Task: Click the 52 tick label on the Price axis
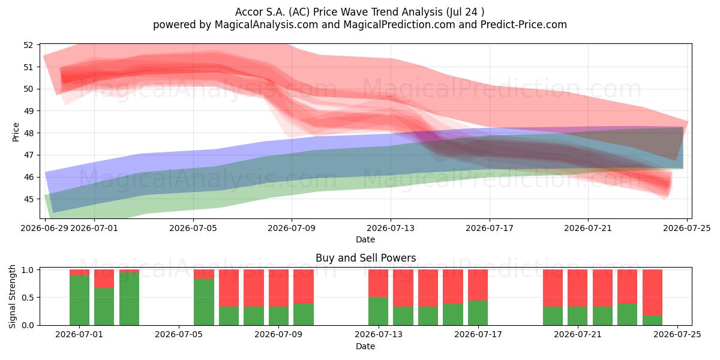click(28, 45)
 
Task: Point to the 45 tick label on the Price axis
click(28, 199)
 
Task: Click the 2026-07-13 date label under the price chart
click(391, 228)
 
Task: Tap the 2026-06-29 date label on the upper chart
click(44, 228)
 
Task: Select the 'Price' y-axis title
click(16, 132)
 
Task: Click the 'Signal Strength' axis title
click(12, 296)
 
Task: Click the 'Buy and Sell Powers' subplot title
click(365, 258)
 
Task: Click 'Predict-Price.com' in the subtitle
click(524, 25)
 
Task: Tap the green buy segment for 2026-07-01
click(79, 300)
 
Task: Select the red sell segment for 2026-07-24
click(653, 293)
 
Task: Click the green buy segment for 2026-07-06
click(204, 302)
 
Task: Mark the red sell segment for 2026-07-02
click(104, 278)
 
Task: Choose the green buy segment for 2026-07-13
click(379, 311)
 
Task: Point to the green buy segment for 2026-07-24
click(653, 320)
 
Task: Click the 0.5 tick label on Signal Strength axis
click(28, 298)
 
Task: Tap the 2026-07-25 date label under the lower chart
click(677, 335)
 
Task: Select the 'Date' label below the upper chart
click(365, 239)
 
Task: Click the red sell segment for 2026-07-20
click(553, 288)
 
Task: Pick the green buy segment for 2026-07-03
click(129, 299)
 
